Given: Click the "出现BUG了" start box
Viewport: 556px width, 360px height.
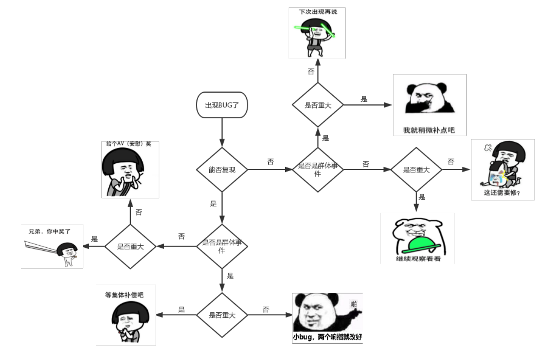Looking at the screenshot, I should (x=222, y=105).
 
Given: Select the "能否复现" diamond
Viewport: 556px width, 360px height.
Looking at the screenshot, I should (x=222, y=169).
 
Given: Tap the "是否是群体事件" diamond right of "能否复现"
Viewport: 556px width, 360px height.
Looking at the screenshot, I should (x=318, y=169).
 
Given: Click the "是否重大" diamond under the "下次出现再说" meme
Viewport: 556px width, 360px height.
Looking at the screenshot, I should (x=318, y=105).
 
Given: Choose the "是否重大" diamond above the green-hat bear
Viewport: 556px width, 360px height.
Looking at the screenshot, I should (x=416, y=169).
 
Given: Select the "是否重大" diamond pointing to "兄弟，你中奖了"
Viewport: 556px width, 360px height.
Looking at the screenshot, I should (x=130, y=246).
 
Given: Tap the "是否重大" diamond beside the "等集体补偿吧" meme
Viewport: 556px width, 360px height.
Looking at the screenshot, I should (x=222, y=315).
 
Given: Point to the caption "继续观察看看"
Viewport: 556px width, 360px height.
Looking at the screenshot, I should (x=418, y=259).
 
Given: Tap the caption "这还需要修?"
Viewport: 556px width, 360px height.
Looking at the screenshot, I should (x=502, y=193).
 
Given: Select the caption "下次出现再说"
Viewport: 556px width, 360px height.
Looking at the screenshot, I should (x=318, y=12).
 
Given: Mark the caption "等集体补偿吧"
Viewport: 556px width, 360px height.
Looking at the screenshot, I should (x=124, y=295).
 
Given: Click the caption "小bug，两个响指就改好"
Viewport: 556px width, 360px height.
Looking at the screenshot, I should (x=328, y=337).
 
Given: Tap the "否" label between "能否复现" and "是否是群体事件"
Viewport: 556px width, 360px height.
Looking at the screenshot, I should (x=270, y=162).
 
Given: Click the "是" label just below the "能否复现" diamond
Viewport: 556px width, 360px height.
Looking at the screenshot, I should (x=213, y=203).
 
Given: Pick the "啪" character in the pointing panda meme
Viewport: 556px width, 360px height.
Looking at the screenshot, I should (x=354, y=304).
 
